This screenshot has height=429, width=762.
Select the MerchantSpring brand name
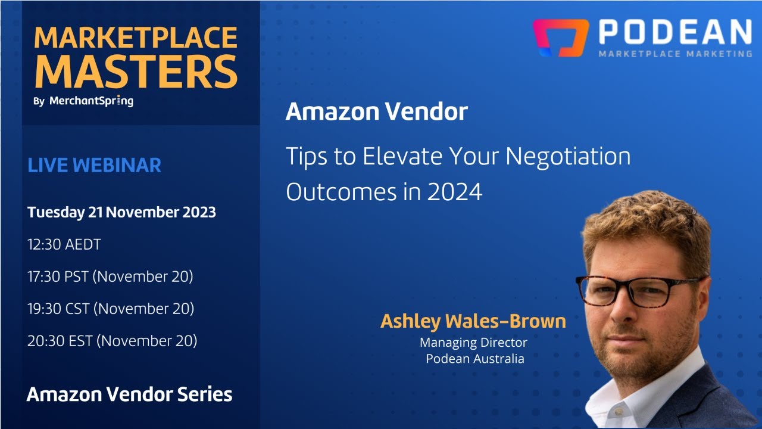click(91, 101)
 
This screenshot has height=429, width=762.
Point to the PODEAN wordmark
click(674, 32)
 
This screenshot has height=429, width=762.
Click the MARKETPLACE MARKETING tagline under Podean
click(674, 54)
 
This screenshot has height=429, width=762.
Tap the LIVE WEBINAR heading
click(94, 165)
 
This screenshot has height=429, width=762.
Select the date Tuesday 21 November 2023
click(121, 212)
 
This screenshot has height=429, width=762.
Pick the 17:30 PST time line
click(110, 276)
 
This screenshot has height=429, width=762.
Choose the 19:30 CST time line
click(111, 309)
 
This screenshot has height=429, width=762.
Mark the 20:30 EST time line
click(112, 341)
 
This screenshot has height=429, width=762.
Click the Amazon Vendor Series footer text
click(129, 394)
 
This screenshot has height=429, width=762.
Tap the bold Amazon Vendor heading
click(376, 112)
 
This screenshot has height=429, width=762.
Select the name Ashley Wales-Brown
click(473, 321)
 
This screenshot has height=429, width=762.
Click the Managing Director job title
click(473, 343)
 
